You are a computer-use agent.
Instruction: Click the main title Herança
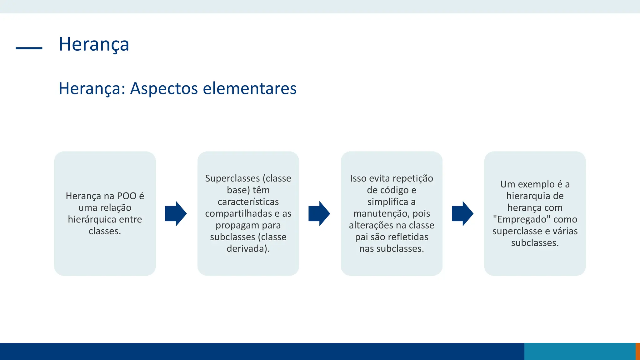(x=94, y=44)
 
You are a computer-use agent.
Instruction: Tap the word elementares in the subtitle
(x=250, y=88)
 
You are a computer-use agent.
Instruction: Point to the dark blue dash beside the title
(x=29, y=48)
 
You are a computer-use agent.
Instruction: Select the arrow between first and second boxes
(x=176, y=213)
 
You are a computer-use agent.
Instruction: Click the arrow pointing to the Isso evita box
(x=319, y=213)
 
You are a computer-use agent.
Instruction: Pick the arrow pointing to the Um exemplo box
(x=462, y=213)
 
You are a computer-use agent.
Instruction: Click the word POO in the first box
(x=127, y=196)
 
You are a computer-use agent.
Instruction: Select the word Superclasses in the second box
(x=232, y=178)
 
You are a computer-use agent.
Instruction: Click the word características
(x=248, y=202)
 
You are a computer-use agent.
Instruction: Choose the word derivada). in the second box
(x=248, y=249)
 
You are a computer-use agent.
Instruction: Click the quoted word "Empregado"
(x=522, y=219)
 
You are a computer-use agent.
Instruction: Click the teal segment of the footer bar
(x=580, y=351)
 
